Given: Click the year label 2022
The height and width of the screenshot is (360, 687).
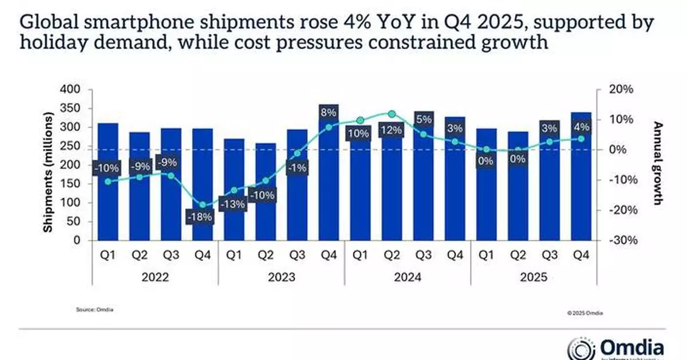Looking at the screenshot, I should [155, 278].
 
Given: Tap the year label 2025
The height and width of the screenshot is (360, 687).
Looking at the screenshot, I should [534, 278].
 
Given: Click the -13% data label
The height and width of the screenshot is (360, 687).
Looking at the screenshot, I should [234, 203].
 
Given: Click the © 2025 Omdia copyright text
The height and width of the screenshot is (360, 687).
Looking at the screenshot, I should [585, 314].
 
